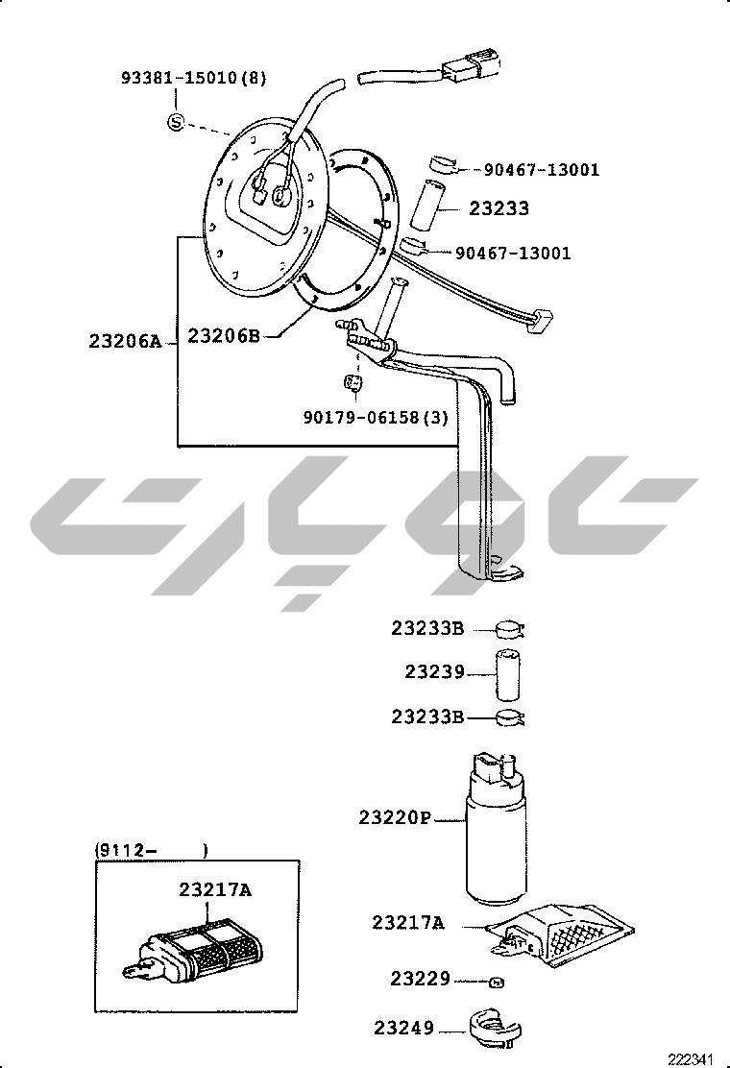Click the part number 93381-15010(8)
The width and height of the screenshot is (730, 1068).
pos(194,78)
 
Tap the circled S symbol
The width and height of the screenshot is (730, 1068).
pos(177,123)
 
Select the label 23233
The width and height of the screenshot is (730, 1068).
pos(499,207)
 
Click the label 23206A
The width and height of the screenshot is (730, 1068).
pos(125,341)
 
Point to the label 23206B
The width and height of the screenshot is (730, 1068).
pos(224,335)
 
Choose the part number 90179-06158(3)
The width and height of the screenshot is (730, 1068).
pos(376,417)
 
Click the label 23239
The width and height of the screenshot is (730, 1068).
pos(434,671)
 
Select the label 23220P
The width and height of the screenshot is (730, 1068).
pos(396,816)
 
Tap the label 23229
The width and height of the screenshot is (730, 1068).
pos(420,979)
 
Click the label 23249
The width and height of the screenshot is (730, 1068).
pos(403,1027)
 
